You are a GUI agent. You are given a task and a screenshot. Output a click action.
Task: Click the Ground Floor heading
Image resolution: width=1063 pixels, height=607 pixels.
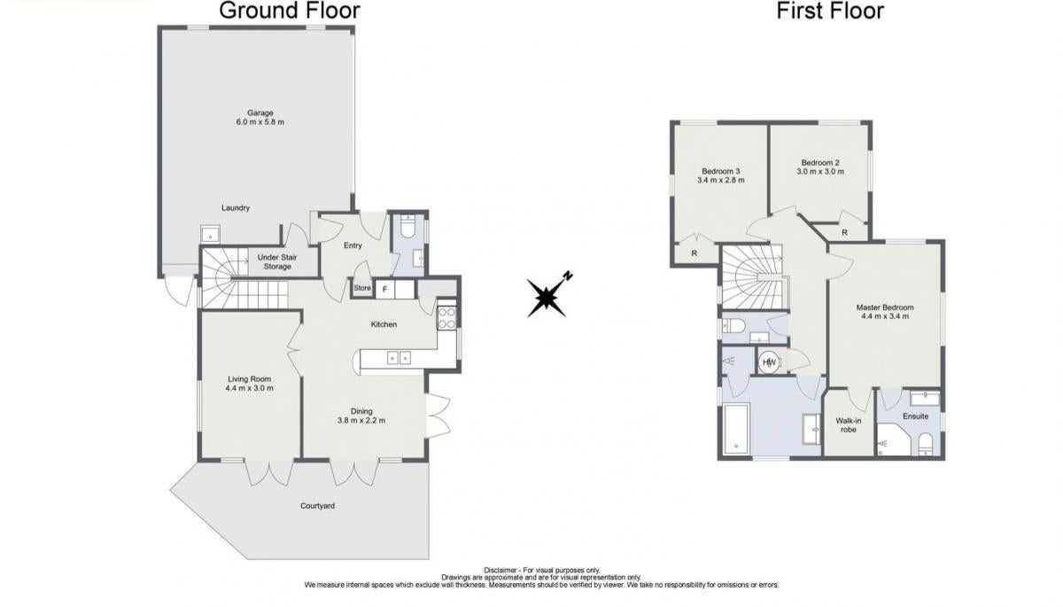click(289, 11)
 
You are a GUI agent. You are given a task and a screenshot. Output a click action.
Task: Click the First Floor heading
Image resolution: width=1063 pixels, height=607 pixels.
click(830, 11)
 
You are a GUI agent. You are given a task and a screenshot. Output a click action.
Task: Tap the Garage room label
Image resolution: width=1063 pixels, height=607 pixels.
click(260, 113)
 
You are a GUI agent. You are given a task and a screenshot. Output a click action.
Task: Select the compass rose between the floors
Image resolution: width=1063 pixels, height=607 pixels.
click(547, 297)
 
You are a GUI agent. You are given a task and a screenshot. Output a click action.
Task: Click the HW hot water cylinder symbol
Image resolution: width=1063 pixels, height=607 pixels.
click(769, 362)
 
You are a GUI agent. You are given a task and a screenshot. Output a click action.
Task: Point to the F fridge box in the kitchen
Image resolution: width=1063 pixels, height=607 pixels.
click(384, 289)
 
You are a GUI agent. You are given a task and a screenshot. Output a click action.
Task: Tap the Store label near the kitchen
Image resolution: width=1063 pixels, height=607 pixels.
click(362, 288)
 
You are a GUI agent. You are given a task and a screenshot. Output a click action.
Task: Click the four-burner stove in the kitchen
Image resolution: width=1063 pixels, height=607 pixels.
click(446, 318)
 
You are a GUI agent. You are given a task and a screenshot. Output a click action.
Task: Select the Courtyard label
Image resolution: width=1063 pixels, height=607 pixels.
click(317, 506)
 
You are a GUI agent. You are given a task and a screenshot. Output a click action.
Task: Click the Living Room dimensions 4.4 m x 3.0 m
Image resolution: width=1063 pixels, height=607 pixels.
click(250, 388)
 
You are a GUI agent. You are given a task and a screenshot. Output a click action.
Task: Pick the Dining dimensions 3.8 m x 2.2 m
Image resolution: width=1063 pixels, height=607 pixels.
click(361, 421)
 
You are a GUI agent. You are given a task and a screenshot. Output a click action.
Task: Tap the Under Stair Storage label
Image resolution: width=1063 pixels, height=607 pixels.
click(277, 262)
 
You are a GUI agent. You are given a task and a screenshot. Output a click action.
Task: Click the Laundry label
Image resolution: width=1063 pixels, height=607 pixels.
click(236, 208)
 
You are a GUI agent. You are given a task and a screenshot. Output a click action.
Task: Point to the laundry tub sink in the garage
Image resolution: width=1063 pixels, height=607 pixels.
click(210, 234)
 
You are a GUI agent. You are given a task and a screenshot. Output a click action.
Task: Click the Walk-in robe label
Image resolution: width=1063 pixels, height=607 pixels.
click(849, 425)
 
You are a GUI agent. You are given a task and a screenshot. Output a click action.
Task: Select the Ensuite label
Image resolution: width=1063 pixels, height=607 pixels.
click(915, 416)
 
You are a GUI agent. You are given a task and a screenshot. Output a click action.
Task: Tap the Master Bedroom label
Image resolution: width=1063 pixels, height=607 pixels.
click(885, 307)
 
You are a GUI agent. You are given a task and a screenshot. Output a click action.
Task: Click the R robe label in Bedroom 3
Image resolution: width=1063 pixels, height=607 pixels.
click(694, 253)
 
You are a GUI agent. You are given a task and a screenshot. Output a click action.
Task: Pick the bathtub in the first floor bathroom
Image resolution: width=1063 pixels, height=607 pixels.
click(736, 429)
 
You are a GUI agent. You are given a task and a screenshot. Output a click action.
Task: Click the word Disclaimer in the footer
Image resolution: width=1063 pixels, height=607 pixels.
click(500, 570)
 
